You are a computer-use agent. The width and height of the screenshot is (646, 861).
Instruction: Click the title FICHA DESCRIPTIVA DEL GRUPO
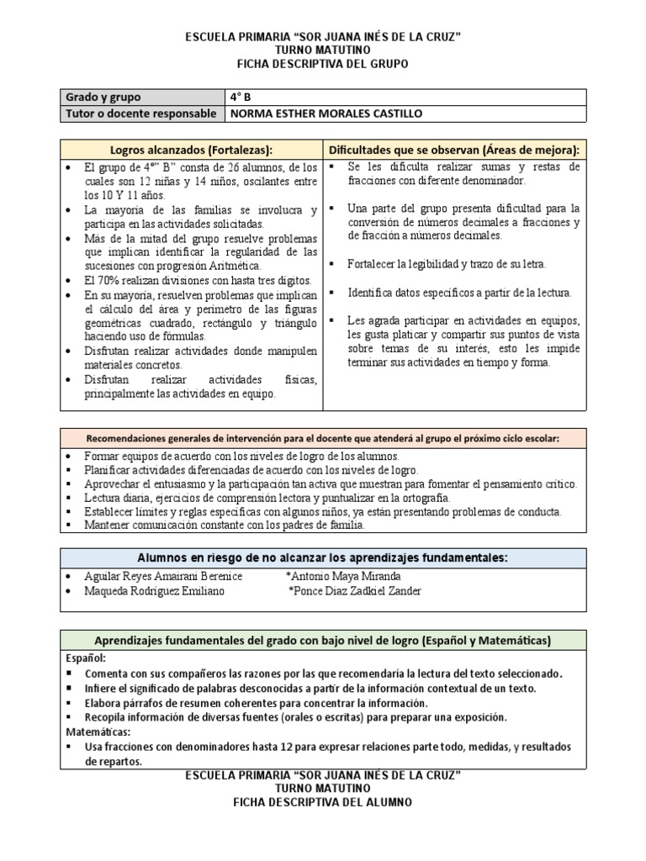pos(323,64)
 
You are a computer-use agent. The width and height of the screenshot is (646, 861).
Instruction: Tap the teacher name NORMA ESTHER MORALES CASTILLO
pos(315,114)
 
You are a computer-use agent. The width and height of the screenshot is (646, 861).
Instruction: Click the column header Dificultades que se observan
pos(453,150)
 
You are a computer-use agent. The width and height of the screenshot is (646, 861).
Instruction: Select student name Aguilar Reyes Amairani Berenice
pos(163,576)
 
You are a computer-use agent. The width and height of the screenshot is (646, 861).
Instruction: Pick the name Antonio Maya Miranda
pos(344,576)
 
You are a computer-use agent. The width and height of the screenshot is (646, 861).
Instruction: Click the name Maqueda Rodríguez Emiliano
pos(154,591)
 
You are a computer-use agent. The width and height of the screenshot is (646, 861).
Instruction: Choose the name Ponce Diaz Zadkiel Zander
pos(354,591)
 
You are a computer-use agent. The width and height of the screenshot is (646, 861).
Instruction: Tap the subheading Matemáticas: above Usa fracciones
pos(98,732)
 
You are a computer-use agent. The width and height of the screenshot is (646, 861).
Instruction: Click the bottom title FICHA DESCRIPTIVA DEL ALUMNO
pos(323,803)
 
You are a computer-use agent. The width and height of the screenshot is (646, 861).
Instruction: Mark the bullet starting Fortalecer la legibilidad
pos(446,263)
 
